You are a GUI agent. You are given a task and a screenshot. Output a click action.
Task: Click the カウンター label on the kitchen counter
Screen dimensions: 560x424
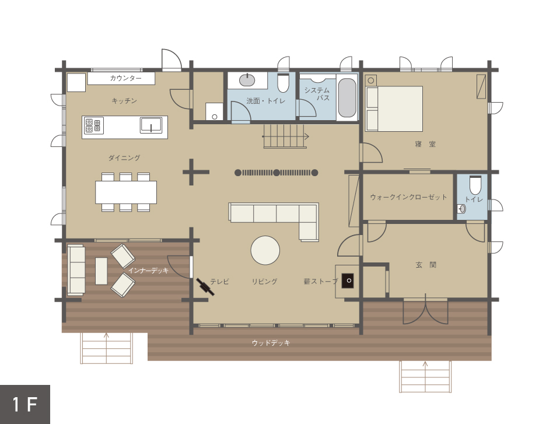pyautogui.click(x=125, y=78)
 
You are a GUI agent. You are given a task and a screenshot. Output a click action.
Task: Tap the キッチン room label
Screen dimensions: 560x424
pyautogui.click(x=124, y=101)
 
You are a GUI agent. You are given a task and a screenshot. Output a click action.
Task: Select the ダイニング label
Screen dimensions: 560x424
pyautogui.click(x=124, y=157)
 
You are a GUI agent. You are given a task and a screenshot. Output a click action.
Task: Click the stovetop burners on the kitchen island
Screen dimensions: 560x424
pyautogui.click(x=93, y=125)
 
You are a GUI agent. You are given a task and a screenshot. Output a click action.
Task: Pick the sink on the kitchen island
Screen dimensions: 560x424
pyautogui.click(x=150, y=125)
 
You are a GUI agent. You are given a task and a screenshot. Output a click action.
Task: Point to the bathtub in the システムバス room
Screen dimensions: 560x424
pyautogui.click(x=346, y=98)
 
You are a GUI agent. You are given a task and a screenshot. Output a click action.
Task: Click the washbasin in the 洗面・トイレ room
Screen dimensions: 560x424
pyautogui.click(x=247, y=80)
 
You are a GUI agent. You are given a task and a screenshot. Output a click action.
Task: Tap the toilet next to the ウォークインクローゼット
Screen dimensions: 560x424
pyautogui.click(x=475, y=185)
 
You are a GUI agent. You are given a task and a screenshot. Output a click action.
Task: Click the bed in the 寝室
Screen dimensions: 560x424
pyautogui.click(x=394, y=108)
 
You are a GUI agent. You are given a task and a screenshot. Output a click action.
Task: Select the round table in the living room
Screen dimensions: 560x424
pyautogui.click(x=265, y=250)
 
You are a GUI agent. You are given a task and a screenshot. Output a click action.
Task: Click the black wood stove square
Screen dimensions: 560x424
pyautogui.click(x=348, y=281)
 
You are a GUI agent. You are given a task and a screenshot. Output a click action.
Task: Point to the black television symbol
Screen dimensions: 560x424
pyautogui.click(x=205, y=287)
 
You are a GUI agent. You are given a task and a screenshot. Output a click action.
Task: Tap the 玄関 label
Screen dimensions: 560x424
pyautogui.click(x=426, y=265)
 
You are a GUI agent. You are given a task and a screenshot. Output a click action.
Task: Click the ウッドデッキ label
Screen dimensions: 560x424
pyautogui.click(x=271, y=343)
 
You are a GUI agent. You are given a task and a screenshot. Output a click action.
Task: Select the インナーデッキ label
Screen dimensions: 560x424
pyautogui.click(x=148, y=271)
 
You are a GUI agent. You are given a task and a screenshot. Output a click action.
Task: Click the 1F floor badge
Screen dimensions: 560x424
pyautogui.click(x=25, y=404)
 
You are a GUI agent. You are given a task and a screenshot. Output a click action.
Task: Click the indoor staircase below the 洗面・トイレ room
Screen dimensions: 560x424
pyautogui.click(x=285, y=136)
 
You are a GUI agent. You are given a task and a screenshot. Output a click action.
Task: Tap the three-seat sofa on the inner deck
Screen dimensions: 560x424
pyautogui.click(x=76, y=269)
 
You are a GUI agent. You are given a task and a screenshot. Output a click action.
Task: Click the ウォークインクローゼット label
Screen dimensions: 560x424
pyautogui.click(x=408, y=197)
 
